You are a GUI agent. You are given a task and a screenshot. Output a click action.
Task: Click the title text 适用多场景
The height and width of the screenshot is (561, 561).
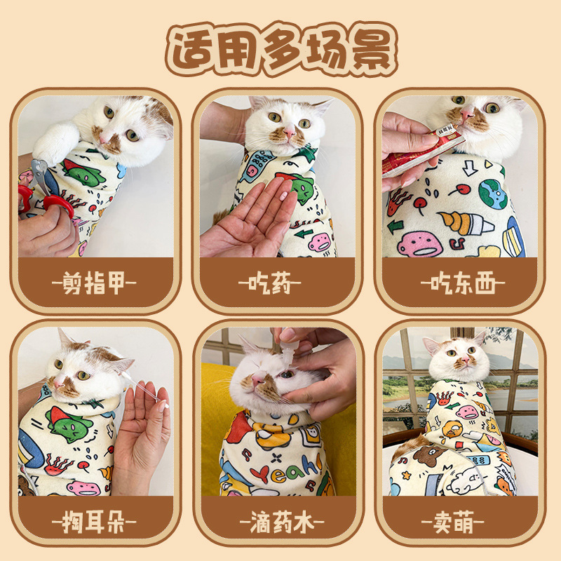click(x=280, y=50)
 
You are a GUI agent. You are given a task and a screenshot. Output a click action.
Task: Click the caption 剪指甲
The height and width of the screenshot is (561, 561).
click(x=95, y=284)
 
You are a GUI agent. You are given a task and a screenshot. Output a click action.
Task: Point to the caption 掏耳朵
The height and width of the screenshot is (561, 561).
click(x=95, y=522)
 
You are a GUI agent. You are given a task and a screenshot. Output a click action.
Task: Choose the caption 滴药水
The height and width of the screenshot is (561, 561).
click(x=280, y=522)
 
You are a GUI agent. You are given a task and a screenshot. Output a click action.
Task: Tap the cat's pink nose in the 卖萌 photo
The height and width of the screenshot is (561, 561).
click(x=463, y=362)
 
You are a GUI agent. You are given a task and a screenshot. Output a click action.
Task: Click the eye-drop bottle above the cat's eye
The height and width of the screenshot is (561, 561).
click(x=288, y=354)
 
